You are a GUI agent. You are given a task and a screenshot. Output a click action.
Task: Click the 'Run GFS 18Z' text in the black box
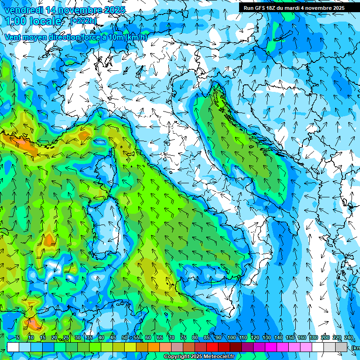coord(259,8)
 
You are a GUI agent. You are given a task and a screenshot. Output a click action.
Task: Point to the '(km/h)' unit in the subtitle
coord(136,37)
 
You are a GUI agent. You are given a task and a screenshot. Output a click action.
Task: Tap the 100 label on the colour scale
coord(232,338)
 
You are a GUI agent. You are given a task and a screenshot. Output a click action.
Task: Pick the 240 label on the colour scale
coord(348,338)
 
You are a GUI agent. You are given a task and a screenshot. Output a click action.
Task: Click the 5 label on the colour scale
coord(18,338)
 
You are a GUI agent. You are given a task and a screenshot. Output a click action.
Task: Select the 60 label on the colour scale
coord(148,338)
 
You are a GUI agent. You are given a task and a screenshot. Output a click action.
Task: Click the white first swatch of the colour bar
coord(13,347)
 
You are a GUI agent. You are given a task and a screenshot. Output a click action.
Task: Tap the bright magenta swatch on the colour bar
coord(271,347)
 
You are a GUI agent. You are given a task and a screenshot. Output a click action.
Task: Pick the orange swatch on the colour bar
coord(142,347)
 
